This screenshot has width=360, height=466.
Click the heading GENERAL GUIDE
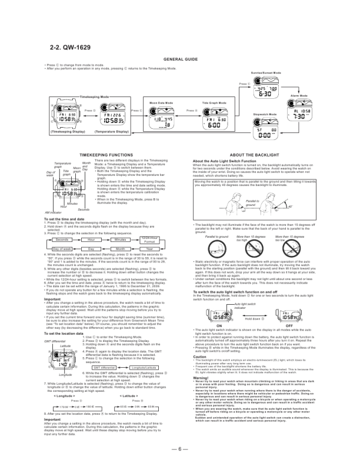pos(179,60)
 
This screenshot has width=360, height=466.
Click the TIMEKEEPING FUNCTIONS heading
pos(103,152)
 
